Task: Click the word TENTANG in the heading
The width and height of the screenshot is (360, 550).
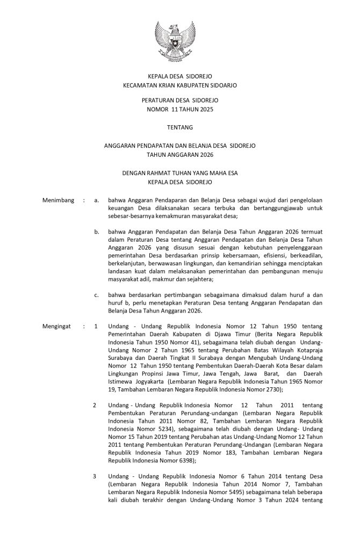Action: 180,127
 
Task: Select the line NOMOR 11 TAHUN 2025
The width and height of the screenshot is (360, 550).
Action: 180,110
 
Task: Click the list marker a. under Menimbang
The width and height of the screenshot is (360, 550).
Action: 96,200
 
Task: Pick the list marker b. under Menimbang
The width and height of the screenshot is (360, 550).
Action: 96,232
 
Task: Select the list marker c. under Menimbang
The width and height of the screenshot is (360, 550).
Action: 96,295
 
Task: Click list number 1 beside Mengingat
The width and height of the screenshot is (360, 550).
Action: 96,326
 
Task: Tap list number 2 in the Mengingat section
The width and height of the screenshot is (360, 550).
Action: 95,404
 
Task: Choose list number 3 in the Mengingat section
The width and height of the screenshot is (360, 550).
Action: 95,476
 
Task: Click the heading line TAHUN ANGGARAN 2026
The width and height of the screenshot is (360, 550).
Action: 180,155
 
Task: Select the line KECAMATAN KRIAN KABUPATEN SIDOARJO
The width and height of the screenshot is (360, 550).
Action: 180,85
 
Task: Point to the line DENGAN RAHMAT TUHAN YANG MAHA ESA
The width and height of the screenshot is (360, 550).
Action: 180,173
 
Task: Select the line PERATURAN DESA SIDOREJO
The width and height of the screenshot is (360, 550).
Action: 180,100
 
